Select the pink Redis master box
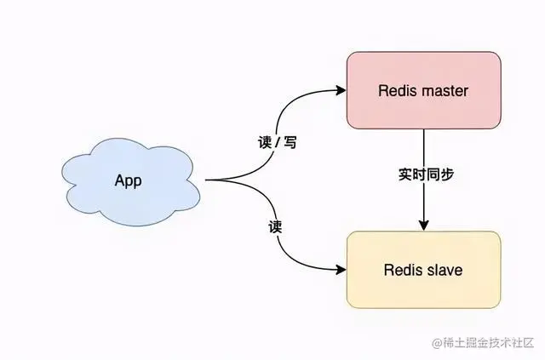423,90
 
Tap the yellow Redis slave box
423,270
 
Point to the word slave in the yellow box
446,270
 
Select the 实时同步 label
426,174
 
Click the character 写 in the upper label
290,143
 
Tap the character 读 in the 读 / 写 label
263,143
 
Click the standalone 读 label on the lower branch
275,228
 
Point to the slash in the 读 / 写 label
277,143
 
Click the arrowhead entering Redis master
341,90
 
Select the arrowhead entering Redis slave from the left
341,270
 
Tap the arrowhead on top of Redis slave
423,226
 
